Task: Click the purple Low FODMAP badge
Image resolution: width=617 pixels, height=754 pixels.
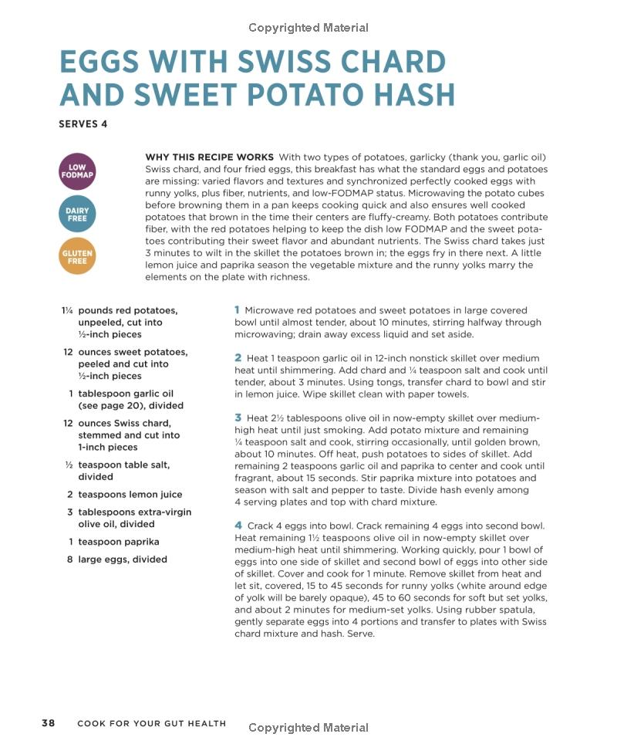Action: coord(77,171)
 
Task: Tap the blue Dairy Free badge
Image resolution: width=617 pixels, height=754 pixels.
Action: coord(77,214)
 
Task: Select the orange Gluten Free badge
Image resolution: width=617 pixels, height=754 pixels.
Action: coord(77,256)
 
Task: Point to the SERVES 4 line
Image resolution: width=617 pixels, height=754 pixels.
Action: coord(83,123)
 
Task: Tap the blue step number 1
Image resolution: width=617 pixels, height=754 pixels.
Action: coord(238,309)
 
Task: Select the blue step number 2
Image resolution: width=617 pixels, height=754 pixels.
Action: coord(238,357)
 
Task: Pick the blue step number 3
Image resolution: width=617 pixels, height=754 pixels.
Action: coord(238,418)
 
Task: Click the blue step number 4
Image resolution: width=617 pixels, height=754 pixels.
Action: coord(238,526)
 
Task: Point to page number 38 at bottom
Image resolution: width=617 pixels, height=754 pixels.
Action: coord(48,723)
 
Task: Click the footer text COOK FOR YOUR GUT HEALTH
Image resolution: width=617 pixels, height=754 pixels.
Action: coord(152,724)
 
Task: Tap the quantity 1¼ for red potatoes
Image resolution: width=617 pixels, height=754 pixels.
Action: coord(68,310)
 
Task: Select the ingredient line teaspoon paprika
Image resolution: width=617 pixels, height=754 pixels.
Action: coord(119,542)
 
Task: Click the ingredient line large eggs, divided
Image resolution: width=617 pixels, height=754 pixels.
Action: coord(123,560)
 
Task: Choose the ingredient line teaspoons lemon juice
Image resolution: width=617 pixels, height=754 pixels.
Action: coord(130,495)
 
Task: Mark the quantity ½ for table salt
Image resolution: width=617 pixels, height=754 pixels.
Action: coord(69,465)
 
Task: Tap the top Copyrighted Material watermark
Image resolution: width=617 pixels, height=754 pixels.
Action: coord(308,28)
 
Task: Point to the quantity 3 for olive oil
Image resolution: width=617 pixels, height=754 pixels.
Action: coord(70,512)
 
